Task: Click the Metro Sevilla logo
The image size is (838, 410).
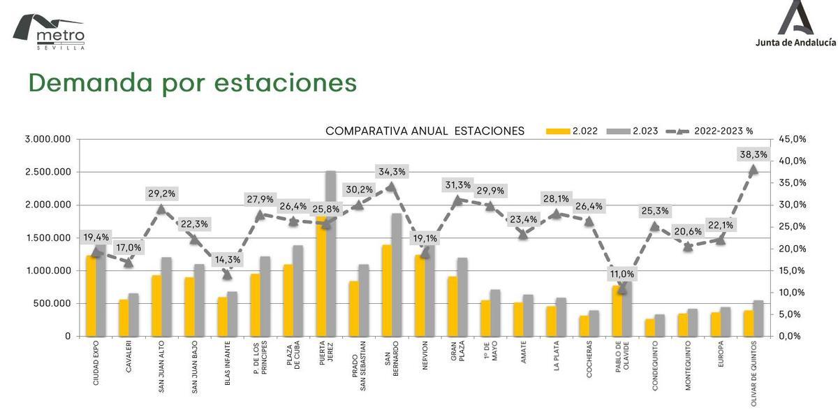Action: click(x=49, y=31)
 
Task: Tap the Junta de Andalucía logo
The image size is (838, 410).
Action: click(x=795, y=25)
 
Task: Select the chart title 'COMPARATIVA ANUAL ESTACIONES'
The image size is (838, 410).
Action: click(x=425, y=131)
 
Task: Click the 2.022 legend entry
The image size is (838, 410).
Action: click(x=572, y=131)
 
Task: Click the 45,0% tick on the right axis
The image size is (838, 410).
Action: click(x=792, y=139)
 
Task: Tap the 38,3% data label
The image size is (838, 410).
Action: click(x=754, y=154)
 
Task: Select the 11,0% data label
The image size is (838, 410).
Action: click(x=622, y=273)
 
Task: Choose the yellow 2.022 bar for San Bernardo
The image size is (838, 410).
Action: click(x=386, y=291)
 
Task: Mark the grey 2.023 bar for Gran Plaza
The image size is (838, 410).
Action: click(x=462, y=297)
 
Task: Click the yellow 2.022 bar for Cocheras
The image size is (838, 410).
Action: click(x=584, y=326)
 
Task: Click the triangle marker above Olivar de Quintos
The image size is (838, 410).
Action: click(x=754, y=170)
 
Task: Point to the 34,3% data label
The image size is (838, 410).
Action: click(x=391, y=171)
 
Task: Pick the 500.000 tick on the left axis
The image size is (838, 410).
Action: click(x=53, y=303)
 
